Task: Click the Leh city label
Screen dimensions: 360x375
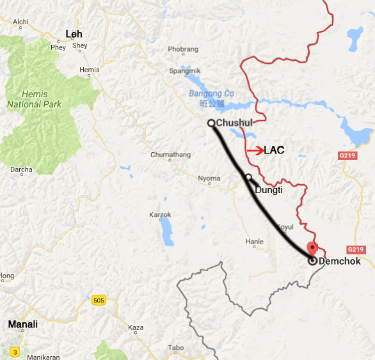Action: (x=74, y=33)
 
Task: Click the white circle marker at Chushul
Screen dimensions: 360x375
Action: (x=211, y=123)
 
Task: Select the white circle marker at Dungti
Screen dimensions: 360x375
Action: (x=248, y=177)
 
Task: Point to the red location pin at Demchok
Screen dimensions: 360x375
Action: (x=312, y=248)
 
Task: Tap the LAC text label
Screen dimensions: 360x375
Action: (x=274, y=150)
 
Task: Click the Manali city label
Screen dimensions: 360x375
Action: (x=22, y=325)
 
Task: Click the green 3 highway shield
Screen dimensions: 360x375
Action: (x=15, y=351)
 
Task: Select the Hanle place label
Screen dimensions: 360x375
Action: (x=255, y=242)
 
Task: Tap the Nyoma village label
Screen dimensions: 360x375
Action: (x=209, y=178)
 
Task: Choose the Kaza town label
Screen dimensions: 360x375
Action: (x=136, y=327)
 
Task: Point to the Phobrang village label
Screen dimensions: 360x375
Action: (x=183, y=49)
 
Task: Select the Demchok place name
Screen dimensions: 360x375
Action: (x=339, y=261)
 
